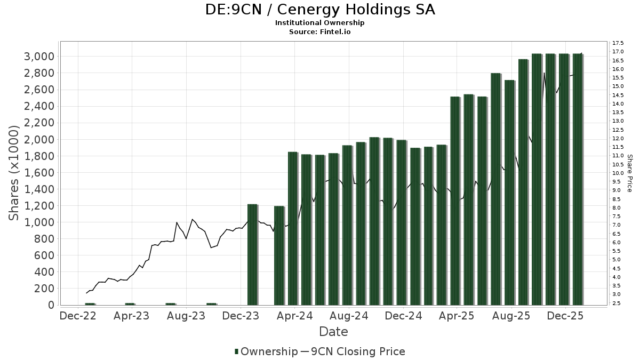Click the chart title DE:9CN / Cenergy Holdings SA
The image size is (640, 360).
(x=320, y=10)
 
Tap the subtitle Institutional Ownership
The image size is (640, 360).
(x=320, y=23)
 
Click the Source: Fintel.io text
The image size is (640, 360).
(x=320, y=31)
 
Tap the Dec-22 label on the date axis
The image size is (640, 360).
(x=78, y=316)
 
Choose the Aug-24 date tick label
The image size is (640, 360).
(x=349, y=316)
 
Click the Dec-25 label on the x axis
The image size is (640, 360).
(x=566, y=316)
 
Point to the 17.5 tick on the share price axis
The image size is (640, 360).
(x=619, y=43)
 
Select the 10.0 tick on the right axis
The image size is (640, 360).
(x=619, y=173)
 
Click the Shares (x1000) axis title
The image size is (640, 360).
(x=14, y=173)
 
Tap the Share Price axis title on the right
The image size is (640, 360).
(x=629, y=173)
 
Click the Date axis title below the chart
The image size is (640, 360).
(x=333, y=332)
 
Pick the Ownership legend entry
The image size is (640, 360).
(x=267, y=351)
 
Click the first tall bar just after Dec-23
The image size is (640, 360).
(x=252, y=254)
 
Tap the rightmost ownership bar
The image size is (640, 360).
(x=578, y=179)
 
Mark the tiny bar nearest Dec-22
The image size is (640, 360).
(x=90, y=304)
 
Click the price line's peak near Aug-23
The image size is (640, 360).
(x=192, y=219)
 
